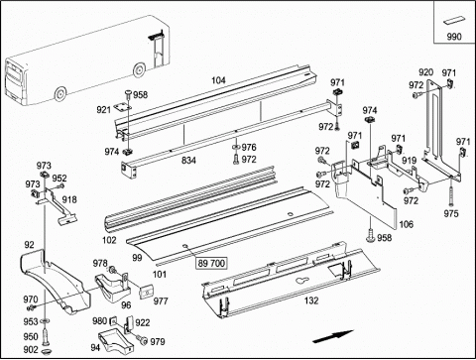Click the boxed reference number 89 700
pos(211,264)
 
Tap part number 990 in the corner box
pos(454,37)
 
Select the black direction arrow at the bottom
pos(333,336)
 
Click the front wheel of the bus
pos(60,93)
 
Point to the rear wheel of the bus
pos(139,70)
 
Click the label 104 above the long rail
pos(218,80)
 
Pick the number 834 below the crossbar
pos(188,161)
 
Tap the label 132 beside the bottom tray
pos(311,300)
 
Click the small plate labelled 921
pos(122,107)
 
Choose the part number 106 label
pos(407,224)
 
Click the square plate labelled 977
pos(147,292)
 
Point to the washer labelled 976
pos(236,147)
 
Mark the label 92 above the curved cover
pos(29,245)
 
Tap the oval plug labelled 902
pos(46,350)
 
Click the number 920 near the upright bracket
pos(425,72)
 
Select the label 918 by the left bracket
pos(69,199)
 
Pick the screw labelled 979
pos(144,340)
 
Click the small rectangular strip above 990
pos(454,20)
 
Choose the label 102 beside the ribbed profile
pos(109,240)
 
